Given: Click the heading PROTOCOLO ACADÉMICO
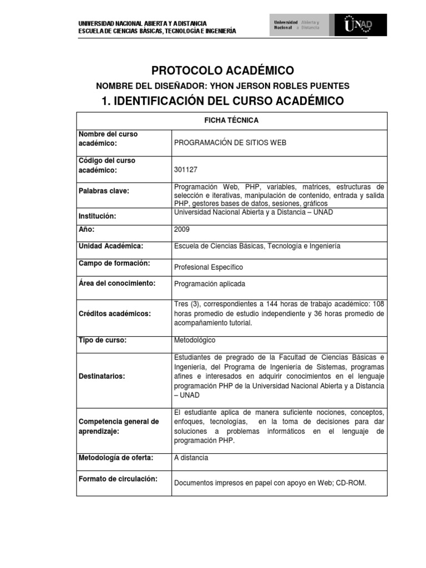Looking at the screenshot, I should (x=223, y=70).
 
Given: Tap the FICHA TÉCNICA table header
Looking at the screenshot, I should (x=231, y=120).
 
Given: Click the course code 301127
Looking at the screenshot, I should (x=185, y=170).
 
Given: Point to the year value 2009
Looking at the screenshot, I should (x=181, y=229).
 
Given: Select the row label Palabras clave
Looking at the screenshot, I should (x=104, y=191).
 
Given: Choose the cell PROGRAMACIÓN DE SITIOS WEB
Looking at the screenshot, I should (x=230, y=143).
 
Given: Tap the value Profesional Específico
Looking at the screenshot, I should (x=209, y=267).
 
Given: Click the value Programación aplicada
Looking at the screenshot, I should (x=209, y=283).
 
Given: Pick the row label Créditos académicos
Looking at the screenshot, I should (x=115, y=313).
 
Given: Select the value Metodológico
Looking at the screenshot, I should (x=195, y=340).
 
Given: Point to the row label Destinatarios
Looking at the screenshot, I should (x=102, y=376).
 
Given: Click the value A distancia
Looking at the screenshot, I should (x=191, y=458).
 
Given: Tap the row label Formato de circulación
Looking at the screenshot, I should (x=118, y=479).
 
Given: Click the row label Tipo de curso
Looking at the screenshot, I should (x=103, y=340).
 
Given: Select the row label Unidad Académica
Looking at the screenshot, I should (x=111, y=245).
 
